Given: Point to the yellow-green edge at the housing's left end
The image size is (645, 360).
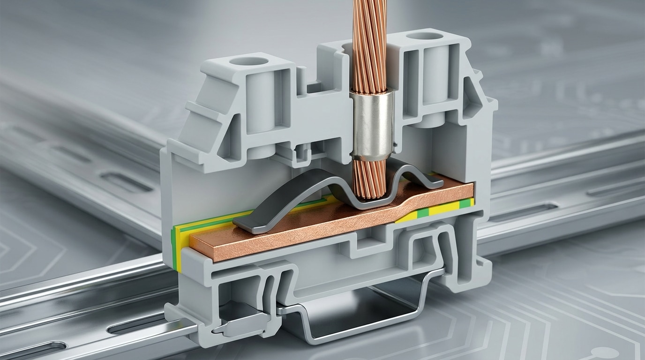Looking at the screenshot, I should tap(175, 248).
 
